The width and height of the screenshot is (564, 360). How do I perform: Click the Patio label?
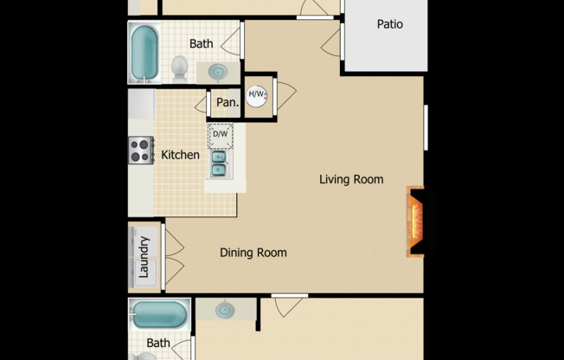389,24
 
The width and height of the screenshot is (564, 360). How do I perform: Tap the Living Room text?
350,180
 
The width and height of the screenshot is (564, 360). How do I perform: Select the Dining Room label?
253,253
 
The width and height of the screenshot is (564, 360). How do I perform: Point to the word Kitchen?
180,156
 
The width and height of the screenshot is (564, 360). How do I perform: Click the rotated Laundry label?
144,256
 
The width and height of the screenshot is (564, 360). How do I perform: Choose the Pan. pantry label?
227,103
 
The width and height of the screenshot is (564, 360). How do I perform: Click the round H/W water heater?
257,95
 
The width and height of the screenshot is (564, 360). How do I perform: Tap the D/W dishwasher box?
220,134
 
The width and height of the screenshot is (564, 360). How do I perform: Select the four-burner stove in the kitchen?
141,151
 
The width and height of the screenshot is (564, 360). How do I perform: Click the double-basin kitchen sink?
219,163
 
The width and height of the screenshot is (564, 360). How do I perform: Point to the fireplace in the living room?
415,222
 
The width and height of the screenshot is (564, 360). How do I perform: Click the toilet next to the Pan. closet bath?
179,67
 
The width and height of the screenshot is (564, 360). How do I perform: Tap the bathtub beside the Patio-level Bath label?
144,52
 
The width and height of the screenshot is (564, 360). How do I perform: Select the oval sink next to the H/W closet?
219,71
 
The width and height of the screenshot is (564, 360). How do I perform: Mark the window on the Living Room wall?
426,127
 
